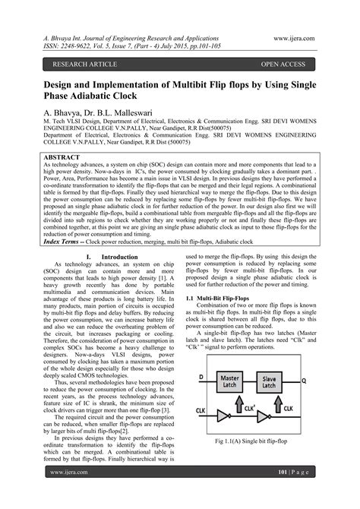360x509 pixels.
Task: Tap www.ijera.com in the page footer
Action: pos(67,493)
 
